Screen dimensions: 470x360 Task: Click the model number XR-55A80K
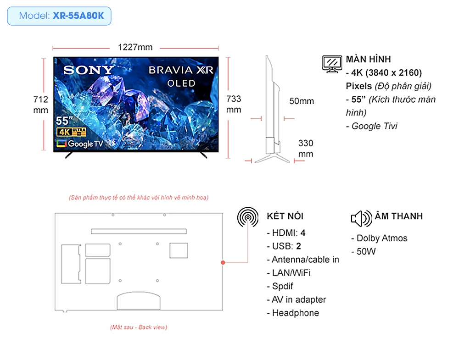coord(78,16)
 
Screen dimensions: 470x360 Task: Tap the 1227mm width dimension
coord(135,47)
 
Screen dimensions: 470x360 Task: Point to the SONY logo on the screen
coord(89,70)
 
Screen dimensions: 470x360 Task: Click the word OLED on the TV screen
coord(181,83)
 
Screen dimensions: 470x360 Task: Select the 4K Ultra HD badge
coord(71,132)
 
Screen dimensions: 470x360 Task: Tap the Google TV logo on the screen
coord(80,144)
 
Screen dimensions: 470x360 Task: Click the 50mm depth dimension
coord(302,101)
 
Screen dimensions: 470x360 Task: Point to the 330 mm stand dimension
coord(306,149)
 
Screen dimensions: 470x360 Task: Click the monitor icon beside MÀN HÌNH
coord(332,64)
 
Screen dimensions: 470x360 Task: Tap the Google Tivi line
coord(372,126)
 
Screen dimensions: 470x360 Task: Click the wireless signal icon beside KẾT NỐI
coord(247,217)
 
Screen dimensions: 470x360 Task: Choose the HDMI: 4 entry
coord(286,233)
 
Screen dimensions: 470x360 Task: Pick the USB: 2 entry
coord(284,246)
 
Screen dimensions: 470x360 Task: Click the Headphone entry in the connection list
coord(293,313)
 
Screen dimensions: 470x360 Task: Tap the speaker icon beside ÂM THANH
coord(362,218)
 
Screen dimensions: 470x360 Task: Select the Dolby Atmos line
coord(380,238)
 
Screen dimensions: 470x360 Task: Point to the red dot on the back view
coord(223,262)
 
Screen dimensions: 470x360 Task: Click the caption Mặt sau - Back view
coord(139,327)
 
